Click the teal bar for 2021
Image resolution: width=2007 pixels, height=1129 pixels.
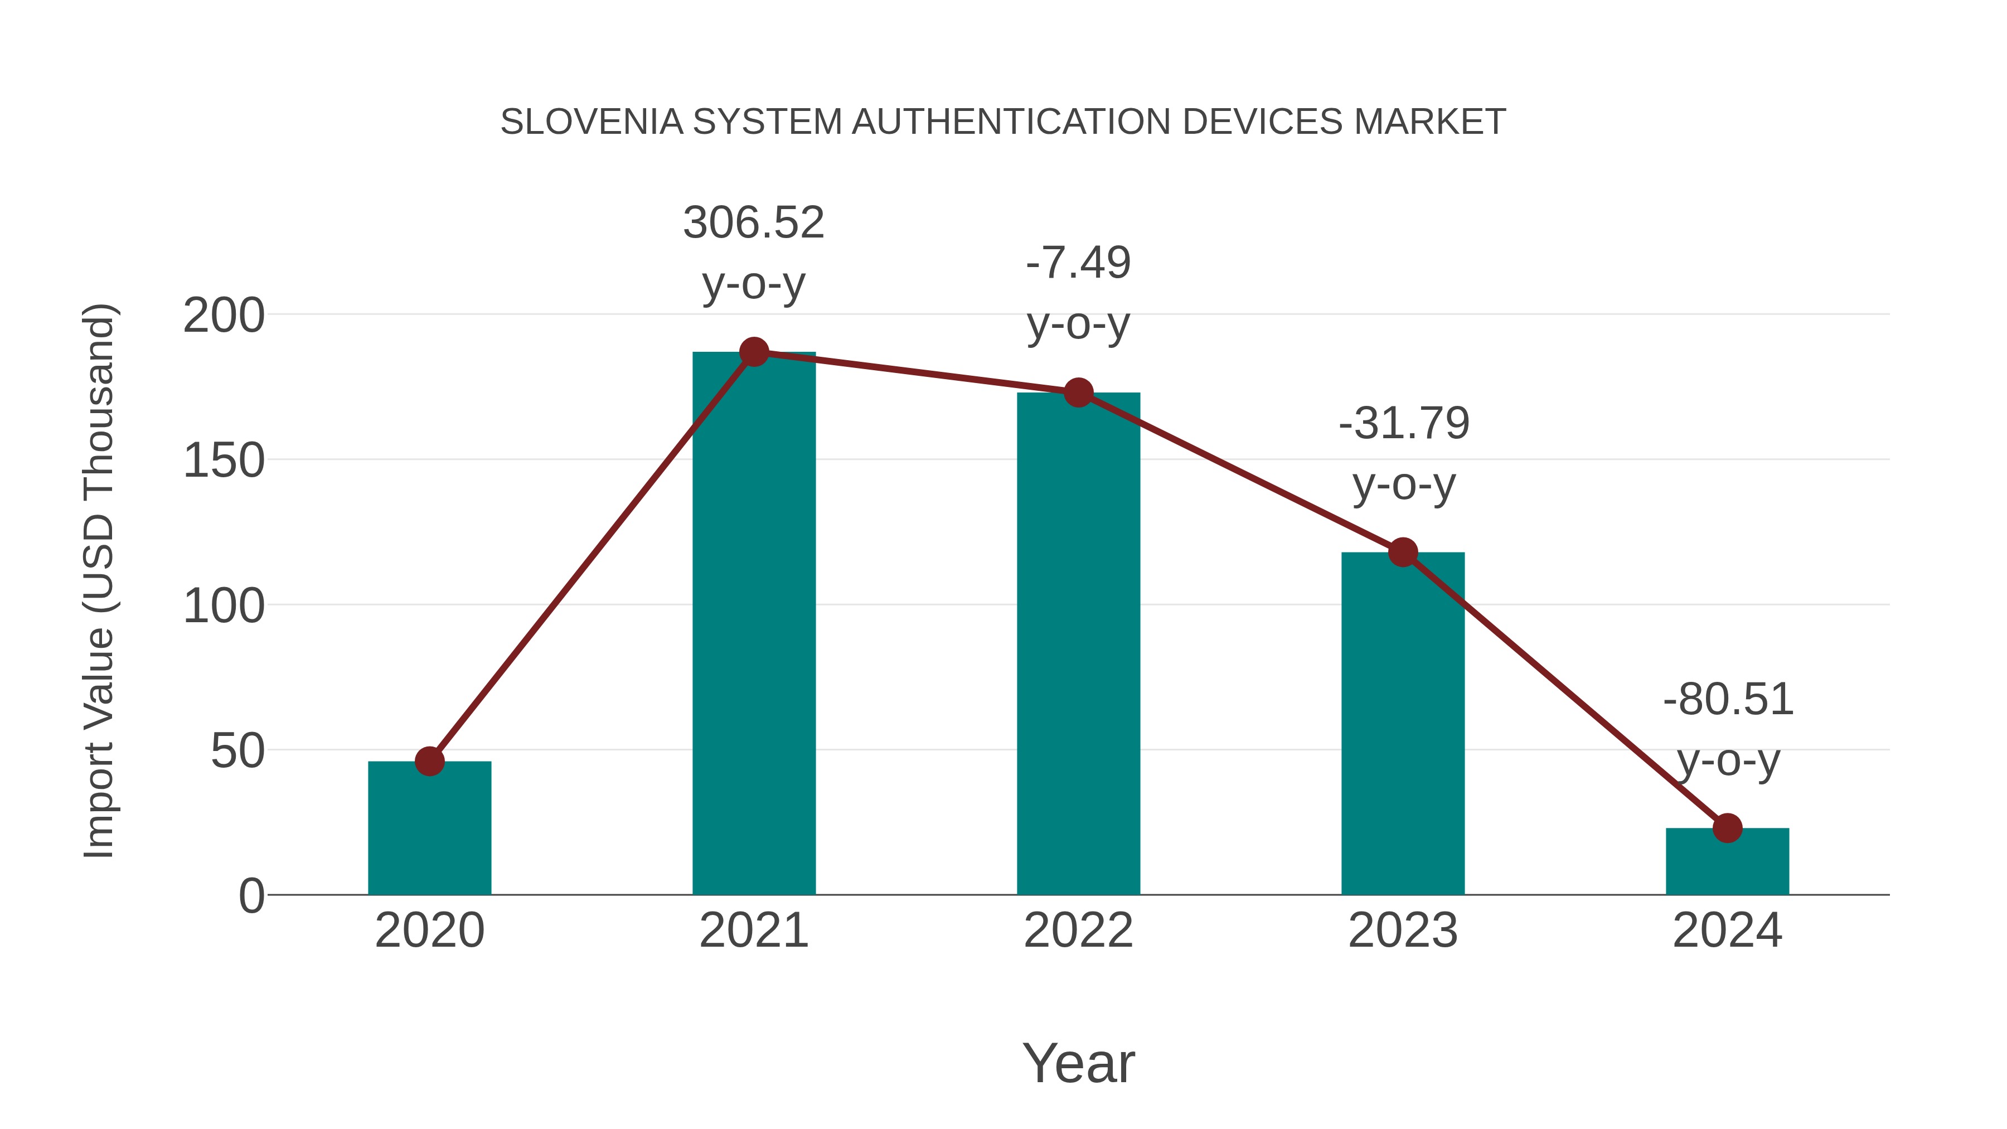click(x=753, y=623)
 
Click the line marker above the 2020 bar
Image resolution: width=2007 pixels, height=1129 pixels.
click(x=429, y=761)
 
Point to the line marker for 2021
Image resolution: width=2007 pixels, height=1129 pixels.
click(x=753, y=352)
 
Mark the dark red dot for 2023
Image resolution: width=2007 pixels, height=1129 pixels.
click(x=1403, y=553)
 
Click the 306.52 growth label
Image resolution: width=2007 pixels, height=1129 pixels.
click(x=753, y=223)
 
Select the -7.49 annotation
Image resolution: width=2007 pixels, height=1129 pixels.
click(x=1078, y=263)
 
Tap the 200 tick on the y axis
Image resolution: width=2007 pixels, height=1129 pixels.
click(x=224, y=316)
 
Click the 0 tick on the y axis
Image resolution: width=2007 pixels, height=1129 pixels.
click(x=251, y=896)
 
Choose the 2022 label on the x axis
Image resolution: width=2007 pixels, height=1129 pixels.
click(x=1078, y=931)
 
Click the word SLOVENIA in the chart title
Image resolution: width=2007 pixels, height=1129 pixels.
click(x=592, y=122)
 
